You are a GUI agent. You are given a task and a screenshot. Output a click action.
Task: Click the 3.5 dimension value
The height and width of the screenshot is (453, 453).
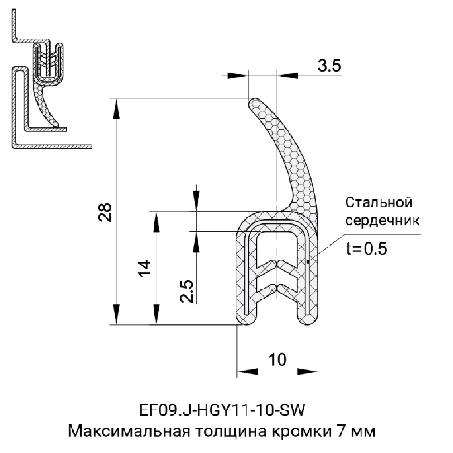point(329,67)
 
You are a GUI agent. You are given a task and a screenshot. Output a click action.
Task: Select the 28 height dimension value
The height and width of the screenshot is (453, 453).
point(105,211)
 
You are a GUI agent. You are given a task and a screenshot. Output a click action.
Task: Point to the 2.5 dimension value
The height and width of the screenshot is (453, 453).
point(187,291)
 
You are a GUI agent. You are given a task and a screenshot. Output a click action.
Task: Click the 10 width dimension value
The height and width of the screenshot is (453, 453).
point(277,360)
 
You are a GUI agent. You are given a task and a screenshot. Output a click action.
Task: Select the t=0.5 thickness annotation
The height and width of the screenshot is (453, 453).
point(366,249)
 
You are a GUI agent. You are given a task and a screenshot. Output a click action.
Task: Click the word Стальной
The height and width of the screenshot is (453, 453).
point(379,202)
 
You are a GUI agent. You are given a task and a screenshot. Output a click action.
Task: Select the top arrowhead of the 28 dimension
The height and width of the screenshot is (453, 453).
point(117,106)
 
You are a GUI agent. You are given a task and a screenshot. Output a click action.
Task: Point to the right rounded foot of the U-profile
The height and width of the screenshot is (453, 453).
point(308,318)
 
